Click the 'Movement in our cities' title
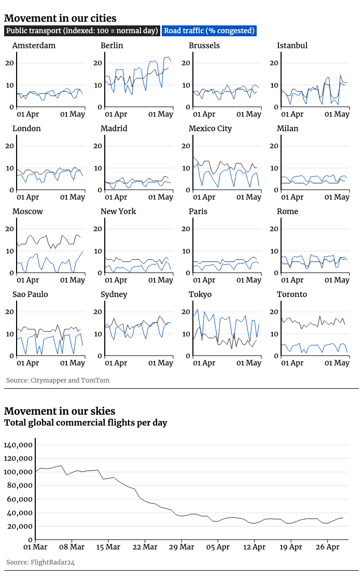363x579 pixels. click(60, 19)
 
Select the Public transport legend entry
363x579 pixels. click(82, 31)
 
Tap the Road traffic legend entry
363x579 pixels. click(210, 31)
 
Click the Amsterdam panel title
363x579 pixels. click(34, 46)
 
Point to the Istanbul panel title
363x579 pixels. click(292, 46)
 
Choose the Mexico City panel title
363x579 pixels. click(210, 129)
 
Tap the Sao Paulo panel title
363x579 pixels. click(30, 294)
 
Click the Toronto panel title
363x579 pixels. click(292, 294)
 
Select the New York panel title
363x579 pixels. click(118, 211)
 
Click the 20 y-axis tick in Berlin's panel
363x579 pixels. click(96, 63)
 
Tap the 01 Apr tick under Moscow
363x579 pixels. click(28, 280)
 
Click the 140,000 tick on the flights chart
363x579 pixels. click(19, 445)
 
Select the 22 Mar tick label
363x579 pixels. click(145, 546)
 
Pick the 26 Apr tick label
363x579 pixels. click(327, 546)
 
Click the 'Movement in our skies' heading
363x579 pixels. click(60, 412)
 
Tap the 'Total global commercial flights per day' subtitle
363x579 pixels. click(86, 423)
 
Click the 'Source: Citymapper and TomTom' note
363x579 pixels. click(58, 380)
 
